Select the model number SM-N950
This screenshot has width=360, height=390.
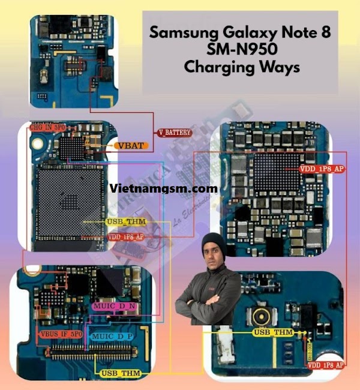[x=241, y=49]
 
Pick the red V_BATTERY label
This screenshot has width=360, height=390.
[x=175, y=132]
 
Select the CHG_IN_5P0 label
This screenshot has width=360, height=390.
[x=47, y=128]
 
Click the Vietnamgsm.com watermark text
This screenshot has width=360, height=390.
[x=164, y=188]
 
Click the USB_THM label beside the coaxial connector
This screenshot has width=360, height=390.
[x=274, y=332]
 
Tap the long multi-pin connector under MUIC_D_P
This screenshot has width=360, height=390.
[x=102, y=354]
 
